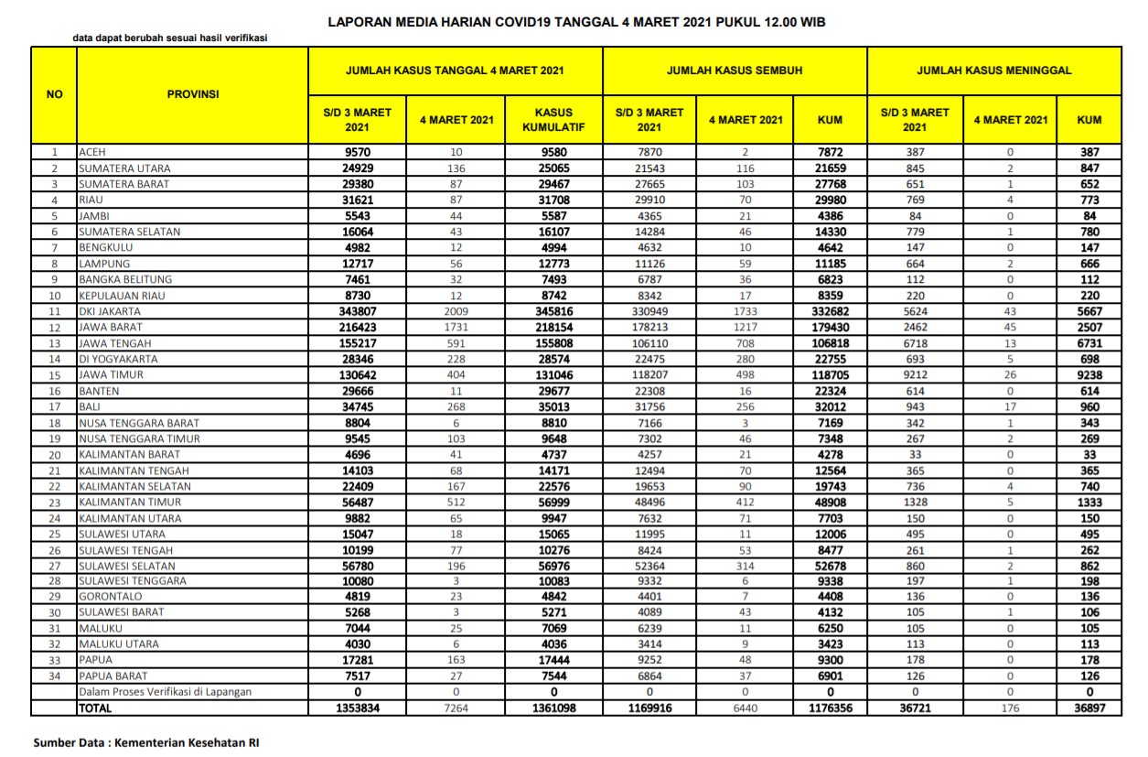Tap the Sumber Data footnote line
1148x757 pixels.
146,742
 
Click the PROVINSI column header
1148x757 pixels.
192,93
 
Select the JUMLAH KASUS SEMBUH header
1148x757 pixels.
734,70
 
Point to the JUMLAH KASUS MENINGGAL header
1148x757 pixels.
993,70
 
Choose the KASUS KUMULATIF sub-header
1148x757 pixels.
553,120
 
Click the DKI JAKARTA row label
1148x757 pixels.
110,311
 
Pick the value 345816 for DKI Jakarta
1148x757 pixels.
553,311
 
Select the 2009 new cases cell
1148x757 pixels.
456,311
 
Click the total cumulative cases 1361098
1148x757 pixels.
553,708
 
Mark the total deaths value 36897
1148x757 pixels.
1089,708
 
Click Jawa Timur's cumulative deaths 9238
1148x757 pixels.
1089,374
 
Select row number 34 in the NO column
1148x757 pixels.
54,676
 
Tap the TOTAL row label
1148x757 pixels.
94,708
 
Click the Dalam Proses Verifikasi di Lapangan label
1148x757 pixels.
165,692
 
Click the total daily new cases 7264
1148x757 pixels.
456,708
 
